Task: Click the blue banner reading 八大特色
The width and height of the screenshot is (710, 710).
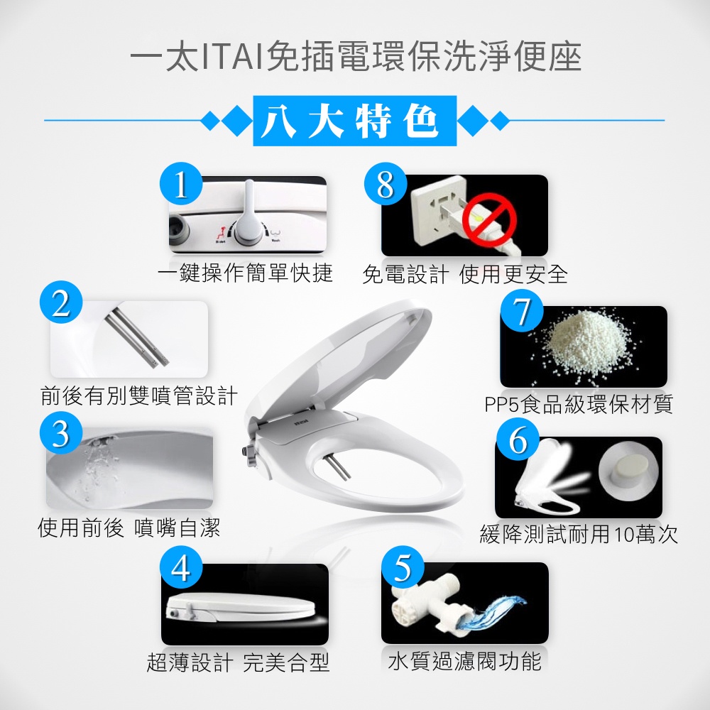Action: (354, 121)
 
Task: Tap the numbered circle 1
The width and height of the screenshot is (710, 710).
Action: (181, 183)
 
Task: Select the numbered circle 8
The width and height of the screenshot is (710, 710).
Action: (386, 184)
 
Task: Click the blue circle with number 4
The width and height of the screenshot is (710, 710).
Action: (181, 568)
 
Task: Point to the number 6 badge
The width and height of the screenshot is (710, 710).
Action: (518, 439)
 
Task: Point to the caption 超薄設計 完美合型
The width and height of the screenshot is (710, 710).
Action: (238, 662)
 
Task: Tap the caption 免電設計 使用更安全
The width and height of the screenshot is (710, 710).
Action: (464, 274)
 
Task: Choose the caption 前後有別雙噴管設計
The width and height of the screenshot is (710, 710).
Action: (138, 395)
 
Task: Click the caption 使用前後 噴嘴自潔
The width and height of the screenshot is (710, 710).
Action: (129, 528)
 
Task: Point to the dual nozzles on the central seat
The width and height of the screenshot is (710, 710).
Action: (338, 467)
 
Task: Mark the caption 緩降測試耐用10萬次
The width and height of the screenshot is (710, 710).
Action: (579, 535)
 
